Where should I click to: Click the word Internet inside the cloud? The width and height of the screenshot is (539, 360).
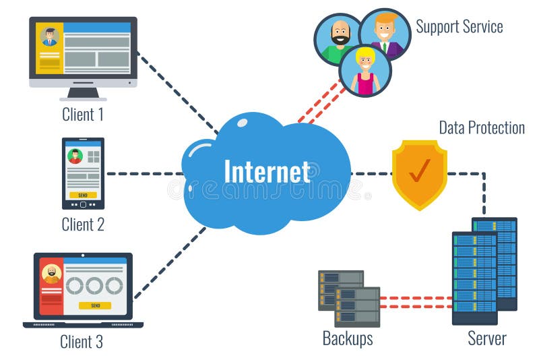click(267, 171)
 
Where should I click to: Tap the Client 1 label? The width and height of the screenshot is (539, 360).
click(83, 114)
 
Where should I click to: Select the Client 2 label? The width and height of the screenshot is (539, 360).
click(83, 224)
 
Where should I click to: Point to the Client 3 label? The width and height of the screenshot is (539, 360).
click(82, 341)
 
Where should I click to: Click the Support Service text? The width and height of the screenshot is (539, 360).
click(459, 27)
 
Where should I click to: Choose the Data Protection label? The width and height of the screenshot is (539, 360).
click(481, 127)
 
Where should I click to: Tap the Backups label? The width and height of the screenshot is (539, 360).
click(347, 338)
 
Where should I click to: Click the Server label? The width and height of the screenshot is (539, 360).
click(486, 338)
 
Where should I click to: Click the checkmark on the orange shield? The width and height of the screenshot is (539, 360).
click(419, 171)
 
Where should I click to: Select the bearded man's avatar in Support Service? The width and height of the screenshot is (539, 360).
click(340, 39)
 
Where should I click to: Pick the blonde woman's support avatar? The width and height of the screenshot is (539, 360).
click(365, 71)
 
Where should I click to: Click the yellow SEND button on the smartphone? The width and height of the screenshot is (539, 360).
click(83, 195)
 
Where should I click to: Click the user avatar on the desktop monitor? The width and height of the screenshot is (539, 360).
click(49, 37)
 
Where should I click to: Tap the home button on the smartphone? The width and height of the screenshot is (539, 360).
click(83, 204)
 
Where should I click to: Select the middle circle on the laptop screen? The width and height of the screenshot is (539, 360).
click(94, 285)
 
